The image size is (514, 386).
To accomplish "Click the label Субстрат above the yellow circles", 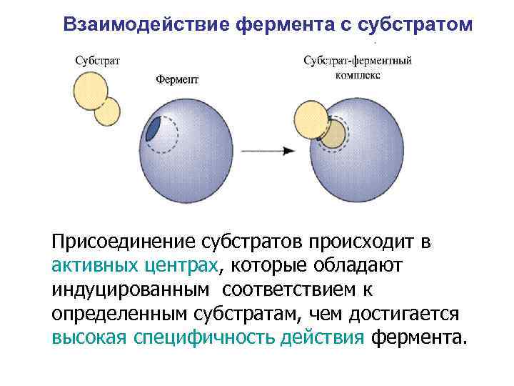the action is click(x=97, y=61).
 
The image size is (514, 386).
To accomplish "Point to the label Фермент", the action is click(x=178, y=79).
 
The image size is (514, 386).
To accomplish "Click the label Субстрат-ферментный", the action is click(x=358, y=61).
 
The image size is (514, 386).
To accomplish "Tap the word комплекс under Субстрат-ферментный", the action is click(x=357, y=74).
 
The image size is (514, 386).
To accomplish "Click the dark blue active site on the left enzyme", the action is click(x=153, y=129).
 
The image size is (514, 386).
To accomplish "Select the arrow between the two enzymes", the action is click(x=268, y=151).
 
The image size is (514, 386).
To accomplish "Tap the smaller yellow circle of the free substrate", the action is click(x=108, y=112).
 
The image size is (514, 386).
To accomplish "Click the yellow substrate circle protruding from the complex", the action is click(x=312, y=119).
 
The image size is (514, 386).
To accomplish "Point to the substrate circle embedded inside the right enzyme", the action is click(x=333, y=133).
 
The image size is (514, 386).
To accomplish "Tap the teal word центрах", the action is click(x=187, y=267).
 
